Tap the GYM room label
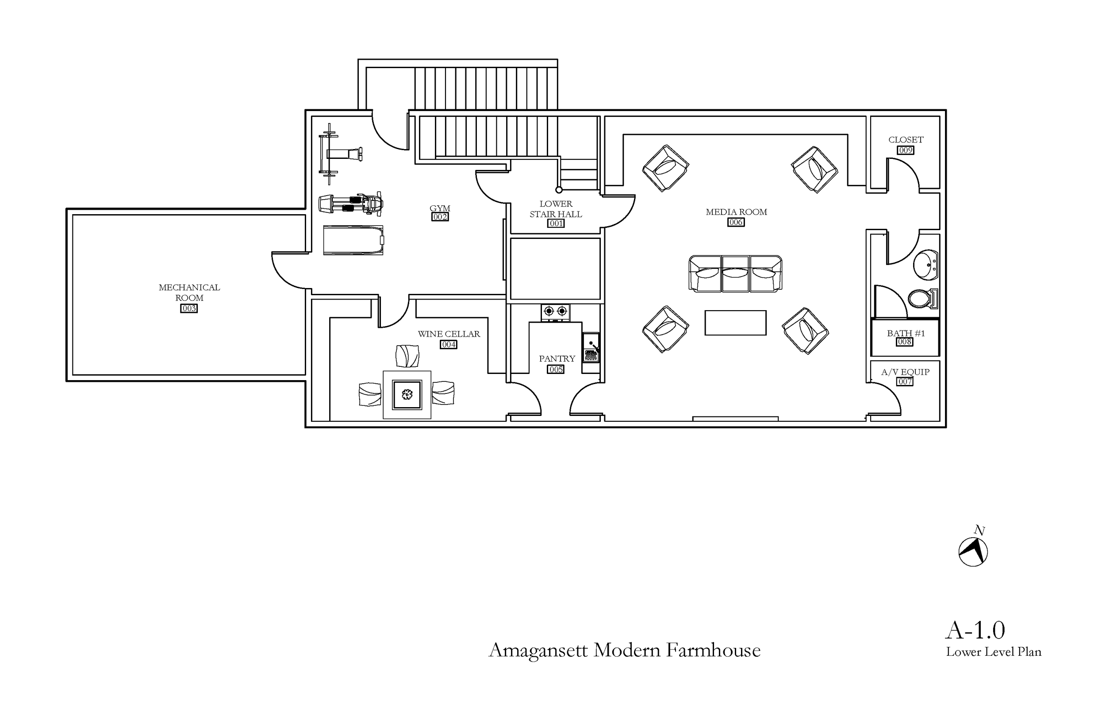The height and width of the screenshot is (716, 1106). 440,208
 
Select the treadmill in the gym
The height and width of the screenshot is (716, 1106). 353,240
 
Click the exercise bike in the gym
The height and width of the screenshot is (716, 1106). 351,204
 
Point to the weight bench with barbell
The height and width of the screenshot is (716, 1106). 339,154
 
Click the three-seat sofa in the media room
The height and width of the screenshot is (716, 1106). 735,274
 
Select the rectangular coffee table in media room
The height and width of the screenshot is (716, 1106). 735,323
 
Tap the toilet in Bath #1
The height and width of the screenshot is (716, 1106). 922,299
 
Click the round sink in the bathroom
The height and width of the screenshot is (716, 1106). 926,265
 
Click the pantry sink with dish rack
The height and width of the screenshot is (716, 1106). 591,348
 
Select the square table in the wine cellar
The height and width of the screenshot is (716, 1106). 407,395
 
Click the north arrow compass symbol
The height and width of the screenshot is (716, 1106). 973,551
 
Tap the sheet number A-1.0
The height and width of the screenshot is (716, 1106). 975,631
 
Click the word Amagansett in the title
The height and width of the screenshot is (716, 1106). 538,650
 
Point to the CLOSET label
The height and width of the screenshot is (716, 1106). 906,139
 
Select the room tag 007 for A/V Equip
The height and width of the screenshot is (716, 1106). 905,382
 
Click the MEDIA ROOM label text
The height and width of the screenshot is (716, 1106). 736,212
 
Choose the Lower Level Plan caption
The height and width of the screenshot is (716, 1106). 994,652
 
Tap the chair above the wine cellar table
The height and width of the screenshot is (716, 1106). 407,356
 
